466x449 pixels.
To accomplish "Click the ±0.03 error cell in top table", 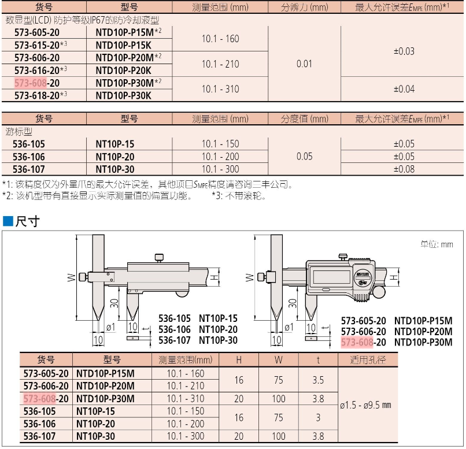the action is coord(404,51).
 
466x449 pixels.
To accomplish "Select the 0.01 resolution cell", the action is coord(304,64).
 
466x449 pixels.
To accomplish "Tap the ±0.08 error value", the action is coord(404,169).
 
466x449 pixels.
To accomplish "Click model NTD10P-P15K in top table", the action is coord(123,45).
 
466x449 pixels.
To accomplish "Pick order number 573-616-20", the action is coord(40,70).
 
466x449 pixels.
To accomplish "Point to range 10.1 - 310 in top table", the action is coord(220,89).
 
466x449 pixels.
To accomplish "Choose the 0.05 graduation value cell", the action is coord(304,156).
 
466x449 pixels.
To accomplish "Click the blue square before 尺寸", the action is coord(8,221).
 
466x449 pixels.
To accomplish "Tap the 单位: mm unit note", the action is coord(437,244).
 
